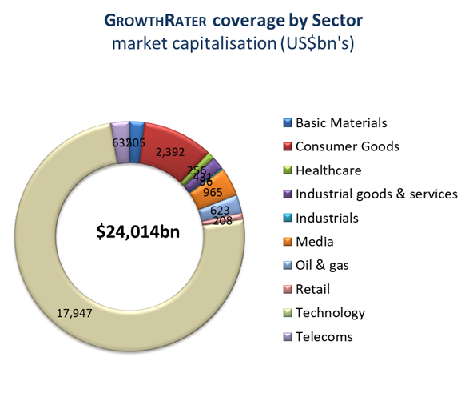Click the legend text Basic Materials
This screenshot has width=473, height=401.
click(341, 122)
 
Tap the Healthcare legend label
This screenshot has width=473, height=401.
click(328, 170)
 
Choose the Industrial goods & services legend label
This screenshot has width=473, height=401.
click(376, 194)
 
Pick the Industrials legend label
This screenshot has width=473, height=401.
click(327, 217)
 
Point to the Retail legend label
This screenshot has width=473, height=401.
click(314, 289)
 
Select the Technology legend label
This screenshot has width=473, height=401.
click(330, 312)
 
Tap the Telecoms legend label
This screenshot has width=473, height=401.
click(324, 336)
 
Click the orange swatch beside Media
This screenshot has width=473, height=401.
click(288, 242)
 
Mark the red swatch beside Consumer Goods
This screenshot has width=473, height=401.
click(288, 146)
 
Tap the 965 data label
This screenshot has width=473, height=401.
click(213, 192)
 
